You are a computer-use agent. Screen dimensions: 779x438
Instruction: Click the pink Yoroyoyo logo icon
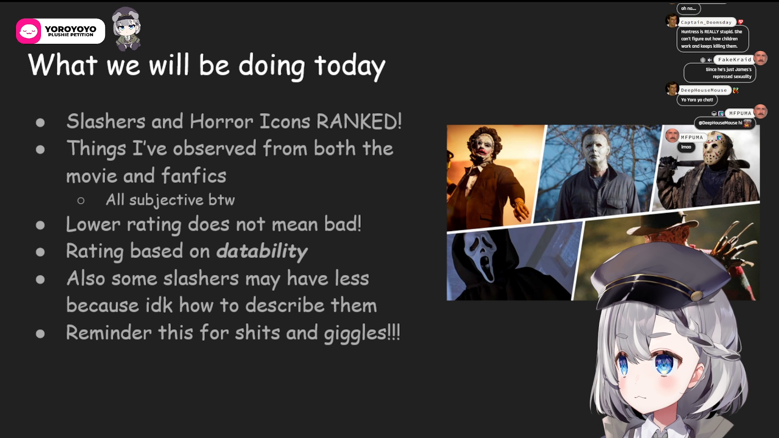28,31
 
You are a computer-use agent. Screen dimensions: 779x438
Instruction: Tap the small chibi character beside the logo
127,29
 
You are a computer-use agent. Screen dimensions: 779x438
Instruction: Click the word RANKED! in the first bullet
359,121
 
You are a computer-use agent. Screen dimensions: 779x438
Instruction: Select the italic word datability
262,251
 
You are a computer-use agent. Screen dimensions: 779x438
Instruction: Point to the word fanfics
194,176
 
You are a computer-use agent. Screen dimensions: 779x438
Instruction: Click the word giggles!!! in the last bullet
362,333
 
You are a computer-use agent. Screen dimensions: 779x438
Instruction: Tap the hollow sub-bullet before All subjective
81,200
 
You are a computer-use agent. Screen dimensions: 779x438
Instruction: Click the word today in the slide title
350,66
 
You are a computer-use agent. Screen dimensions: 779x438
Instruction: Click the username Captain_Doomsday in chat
706,22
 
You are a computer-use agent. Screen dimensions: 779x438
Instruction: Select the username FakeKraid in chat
734,60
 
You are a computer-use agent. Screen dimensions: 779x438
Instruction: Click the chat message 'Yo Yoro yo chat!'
697,100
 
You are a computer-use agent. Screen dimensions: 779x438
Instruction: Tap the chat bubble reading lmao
686,147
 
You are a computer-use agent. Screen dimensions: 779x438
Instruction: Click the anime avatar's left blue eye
663,363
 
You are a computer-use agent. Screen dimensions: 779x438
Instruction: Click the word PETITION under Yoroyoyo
81,35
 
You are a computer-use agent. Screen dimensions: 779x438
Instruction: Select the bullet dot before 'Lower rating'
40,225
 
